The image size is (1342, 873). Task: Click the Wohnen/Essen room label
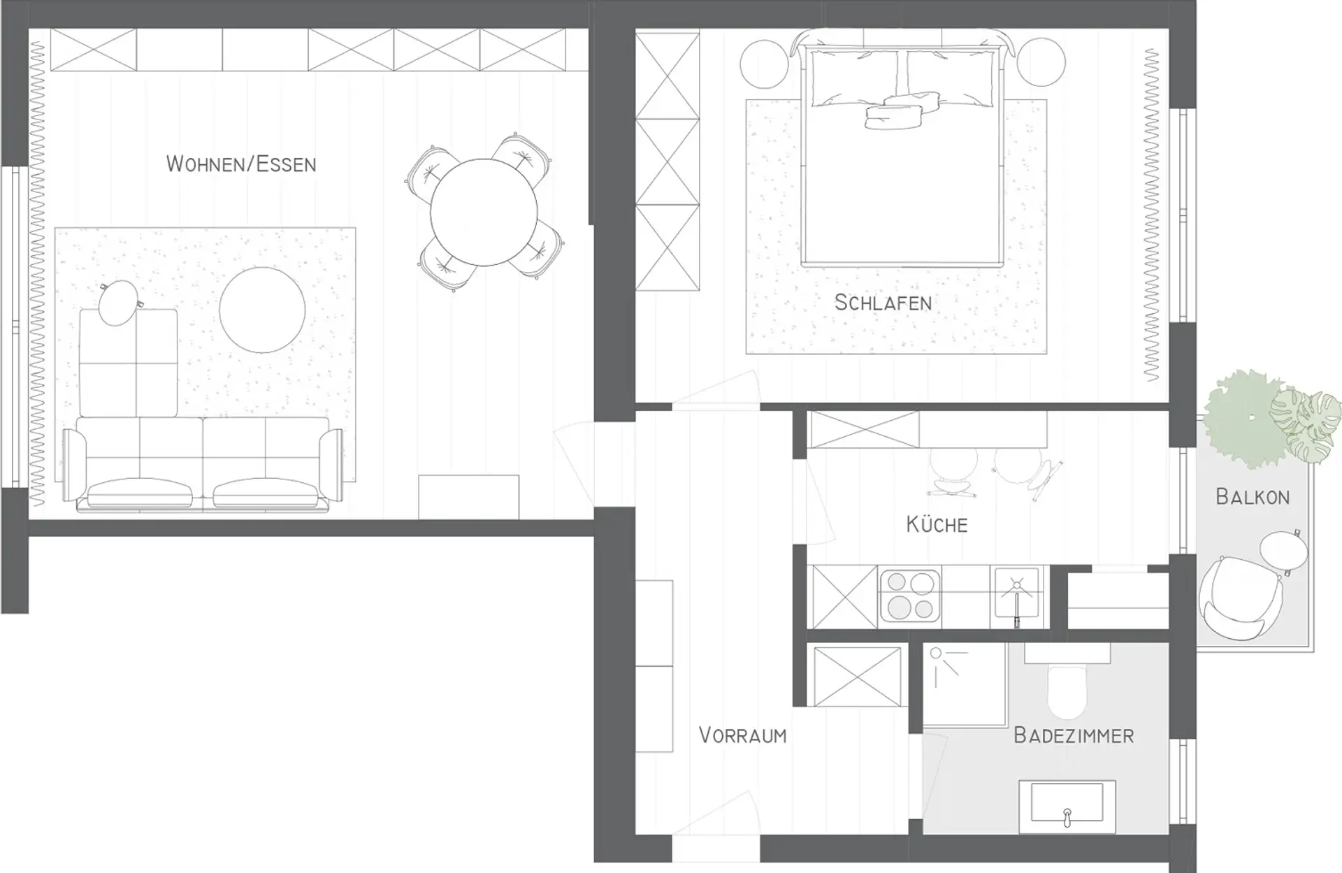point(241,164)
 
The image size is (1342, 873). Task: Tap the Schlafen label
point(883,303)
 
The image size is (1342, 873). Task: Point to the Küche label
point(937,524)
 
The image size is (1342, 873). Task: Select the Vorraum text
point(742,735)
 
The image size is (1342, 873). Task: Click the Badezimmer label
point(1074,735)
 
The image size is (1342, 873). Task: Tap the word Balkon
point(1253,496)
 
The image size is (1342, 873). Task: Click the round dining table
point(484,212)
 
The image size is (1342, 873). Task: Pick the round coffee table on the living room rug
point(262,310)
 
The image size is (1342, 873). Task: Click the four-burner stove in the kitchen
point(909,596)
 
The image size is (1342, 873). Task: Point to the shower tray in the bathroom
point(965,684)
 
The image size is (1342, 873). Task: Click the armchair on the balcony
point(1241,598)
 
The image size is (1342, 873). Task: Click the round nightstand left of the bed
point(765,64)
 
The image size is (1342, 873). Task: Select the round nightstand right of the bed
point(1041,62)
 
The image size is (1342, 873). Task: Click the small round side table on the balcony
point(1284,552)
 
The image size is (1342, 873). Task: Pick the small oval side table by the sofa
point(119,303)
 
